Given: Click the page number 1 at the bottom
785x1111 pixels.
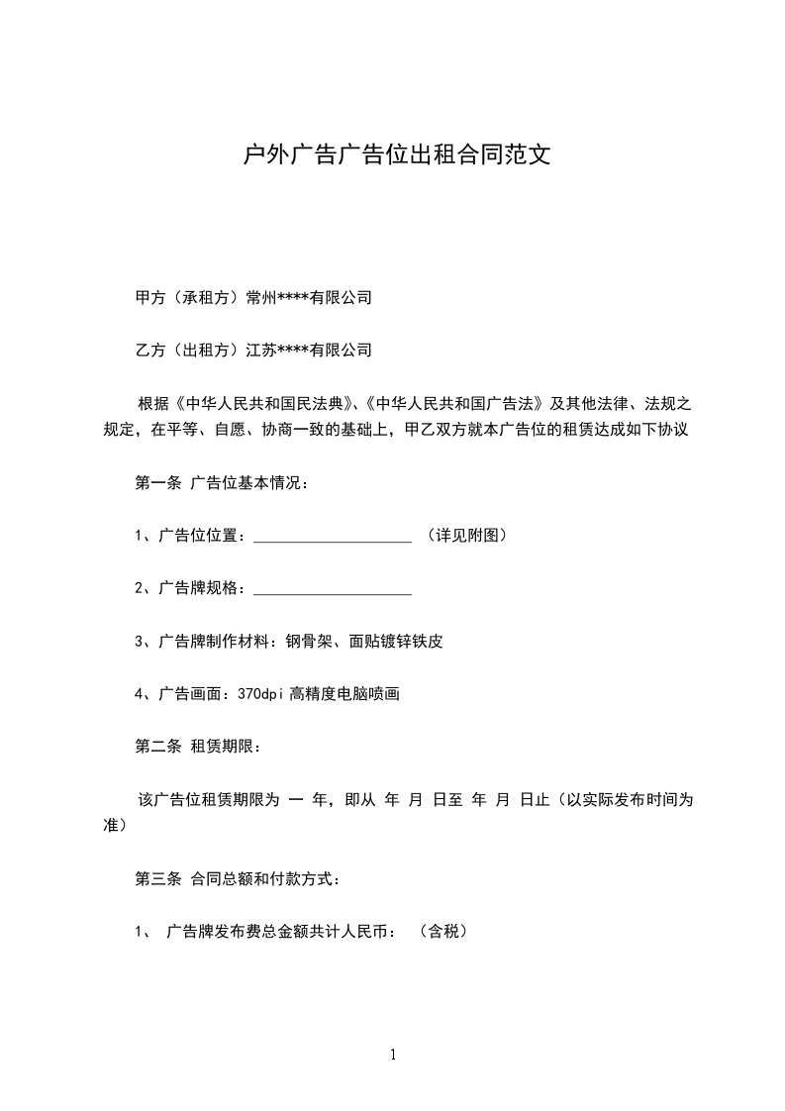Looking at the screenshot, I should tap(393, 1055).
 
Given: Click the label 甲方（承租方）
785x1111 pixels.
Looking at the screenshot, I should tap(190, 297).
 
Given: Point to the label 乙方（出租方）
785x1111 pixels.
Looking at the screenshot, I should tap(190, 349).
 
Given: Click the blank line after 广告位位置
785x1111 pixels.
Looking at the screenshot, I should tap(333, 537).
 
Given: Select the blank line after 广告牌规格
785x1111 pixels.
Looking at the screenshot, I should tap(333, 589).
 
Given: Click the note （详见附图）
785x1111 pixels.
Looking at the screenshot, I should tap(467, 536).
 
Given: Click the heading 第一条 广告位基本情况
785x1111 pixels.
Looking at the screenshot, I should tap(221, 483).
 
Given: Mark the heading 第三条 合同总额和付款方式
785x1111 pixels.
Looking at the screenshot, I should tap(238, 878).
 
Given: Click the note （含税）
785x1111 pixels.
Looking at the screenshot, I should tap(442, 932).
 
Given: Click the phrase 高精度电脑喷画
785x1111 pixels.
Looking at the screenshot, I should tap(344, 694).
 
